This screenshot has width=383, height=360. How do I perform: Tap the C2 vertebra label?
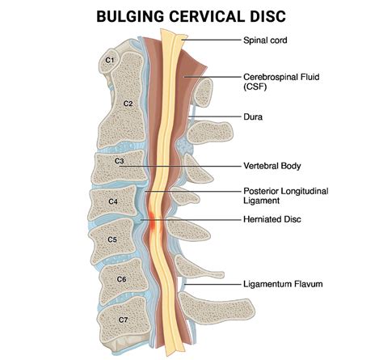coord(127,104)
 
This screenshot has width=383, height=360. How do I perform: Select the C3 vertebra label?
coord(120,162)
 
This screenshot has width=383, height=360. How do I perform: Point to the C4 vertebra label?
coord(112,200)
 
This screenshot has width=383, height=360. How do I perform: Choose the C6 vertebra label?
coord(121,278)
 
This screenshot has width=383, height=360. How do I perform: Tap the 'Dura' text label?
coord(254,116)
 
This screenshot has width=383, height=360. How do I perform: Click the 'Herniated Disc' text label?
coord(271,218)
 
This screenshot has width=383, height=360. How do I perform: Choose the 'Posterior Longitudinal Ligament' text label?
coord(284,197)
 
